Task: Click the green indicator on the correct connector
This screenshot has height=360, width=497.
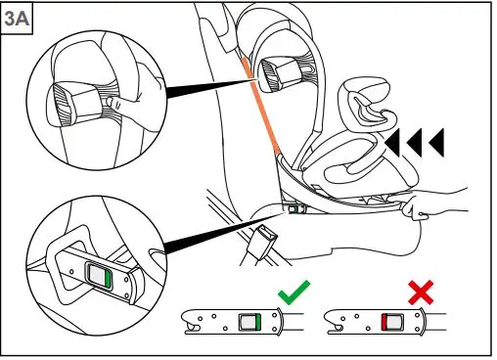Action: [x=250, y=320]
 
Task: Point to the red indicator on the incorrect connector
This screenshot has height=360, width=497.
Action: [x=391, y=320]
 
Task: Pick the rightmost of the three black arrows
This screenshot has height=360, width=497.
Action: [x=436, y=144]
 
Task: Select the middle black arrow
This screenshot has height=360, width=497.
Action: [x=414, y=144]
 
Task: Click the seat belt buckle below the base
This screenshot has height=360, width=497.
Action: [x=262, y=239]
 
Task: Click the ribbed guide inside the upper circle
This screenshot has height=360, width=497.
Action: [x=71, y=99]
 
